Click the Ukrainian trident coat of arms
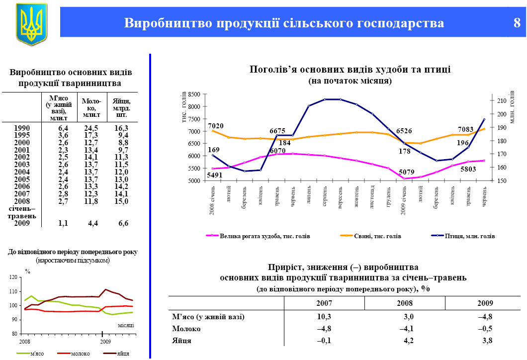[32, 24]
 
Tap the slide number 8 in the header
[517, 23]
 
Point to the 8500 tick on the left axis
[194, 94]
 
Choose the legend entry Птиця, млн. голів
[470, 236]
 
